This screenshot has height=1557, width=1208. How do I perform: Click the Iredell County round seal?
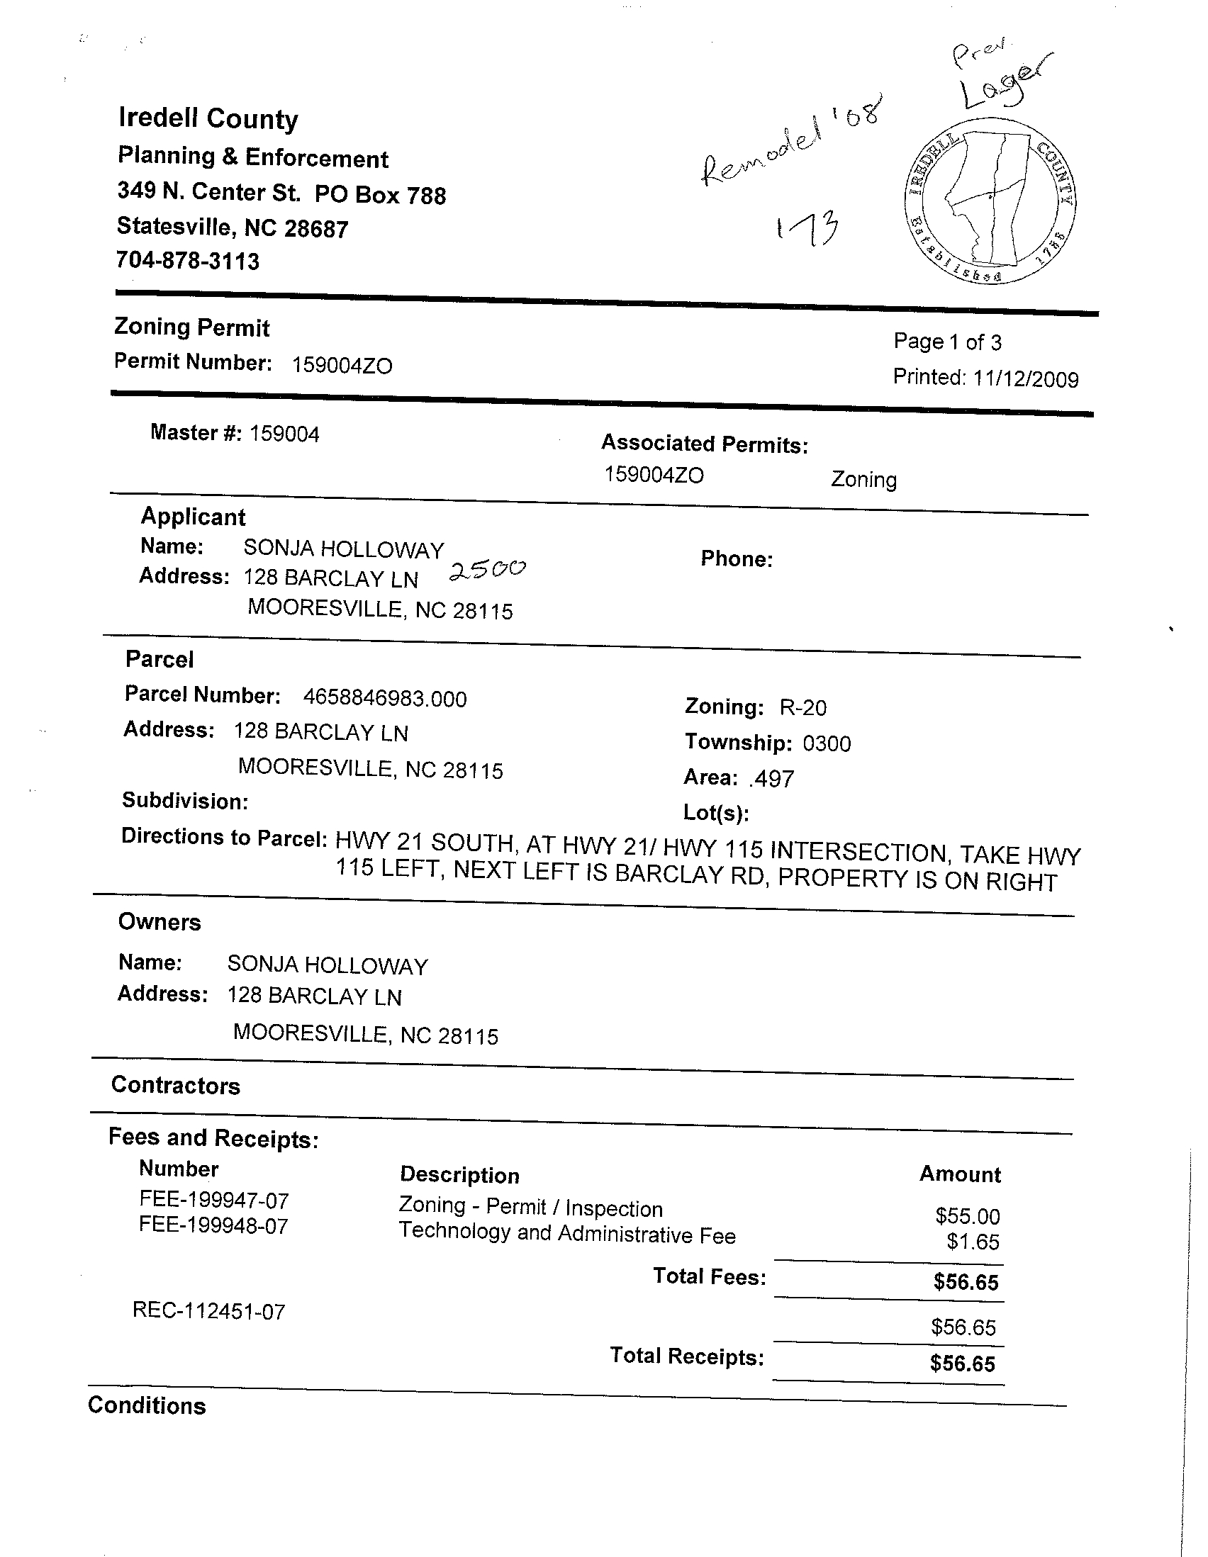tap(988, 208)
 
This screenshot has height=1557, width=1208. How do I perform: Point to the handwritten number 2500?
tap(488, 570)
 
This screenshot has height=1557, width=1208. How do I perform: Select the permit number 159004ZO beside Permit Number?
tap(342, 366)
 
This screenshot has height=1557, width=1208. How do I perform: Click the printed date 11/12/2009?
tap(1025, 378)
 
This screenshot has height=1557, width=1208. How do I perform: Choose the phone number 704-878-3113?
tap(189, 261)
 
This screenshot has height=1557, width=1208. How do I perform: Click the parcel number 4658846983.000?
tap(385, 698)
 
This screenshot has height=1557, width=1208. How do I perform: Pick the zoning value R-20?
tap(803, 707)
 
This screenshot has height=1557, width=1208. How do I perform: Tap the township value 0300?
tap(827, 743)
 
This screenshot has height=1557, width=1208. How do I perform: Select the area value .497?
tap(771, 778)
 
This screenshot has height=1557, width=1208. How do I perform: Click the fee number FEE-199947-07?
tap(214, 1201)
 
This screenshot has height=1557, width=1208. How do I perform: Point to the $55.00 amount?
tap(968, 1215)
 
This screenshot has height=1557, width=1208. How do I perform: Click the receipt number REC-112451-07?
tap(209, 1311)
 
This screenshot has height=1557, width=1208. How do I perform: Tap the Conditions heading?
tap(147, 1405)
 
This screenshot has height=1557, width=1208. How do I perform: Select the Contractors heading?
tap(176, 1085)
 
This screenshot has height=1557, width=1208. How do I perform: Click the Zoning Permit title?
tap(192, 327)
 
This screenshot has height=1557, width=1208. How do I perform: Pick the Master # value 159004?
tap(284, 434)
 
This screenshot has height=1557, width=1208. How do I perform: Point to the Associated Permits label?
tap(705, 444)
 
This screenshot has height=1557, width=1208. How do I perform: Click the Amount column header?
tap(960, 1174)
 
